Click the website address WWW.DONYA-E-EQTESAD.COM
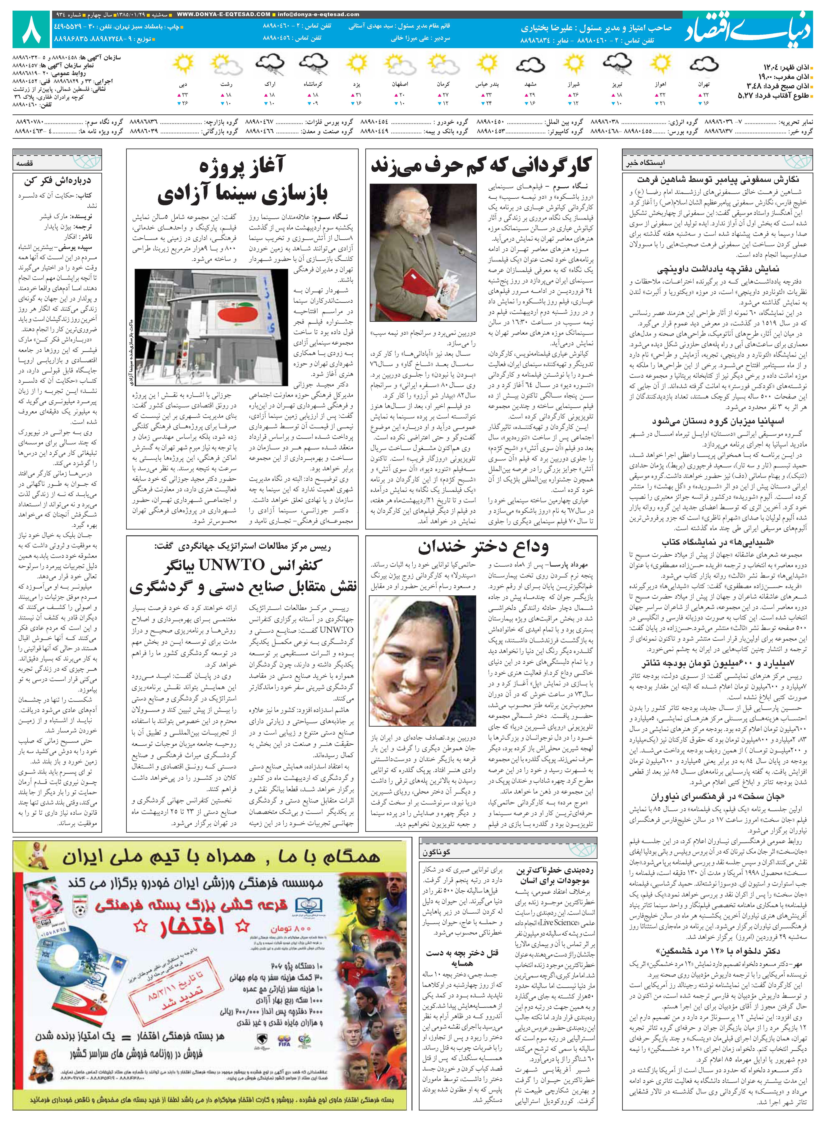[224, 14]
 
